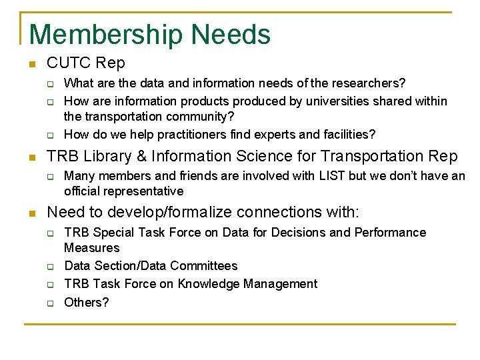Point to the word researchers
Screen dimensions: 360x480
point(369,83)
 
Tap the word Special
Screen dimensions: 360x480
point(113,233)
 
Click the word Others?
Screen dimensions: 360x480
point(86,302)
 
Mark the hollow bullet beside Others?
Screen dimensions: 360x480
point(49,303)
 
